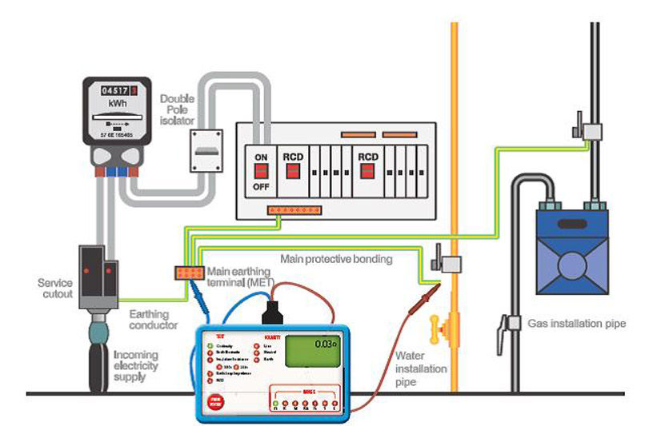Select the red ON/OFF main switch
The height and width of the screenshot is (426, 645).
261,169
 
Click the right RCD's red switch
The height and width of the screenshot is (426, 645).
368,171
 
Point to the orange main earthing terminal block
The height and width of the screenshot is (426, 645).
189,272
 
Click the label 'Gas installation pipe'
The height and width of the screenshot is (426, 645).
576,323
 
